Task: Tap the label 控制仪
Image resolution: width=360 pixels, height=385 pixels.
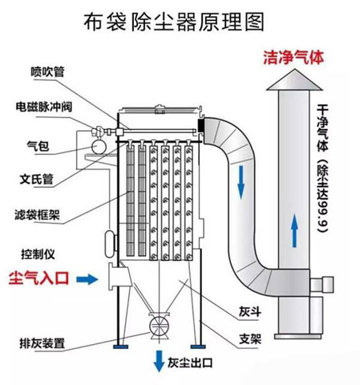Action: tap(37, 253)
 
